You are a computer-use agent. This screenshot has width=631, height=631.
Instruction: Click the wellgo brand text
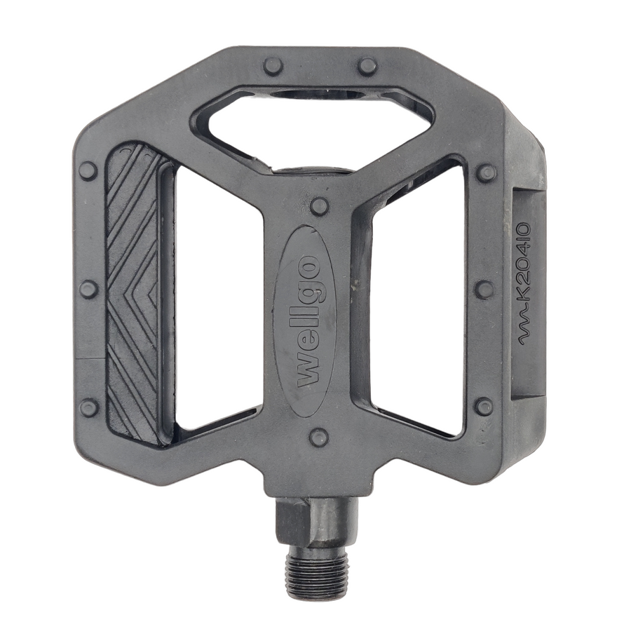309,320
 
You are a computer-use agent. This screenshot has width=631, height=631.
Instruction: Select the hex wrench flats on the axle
317,522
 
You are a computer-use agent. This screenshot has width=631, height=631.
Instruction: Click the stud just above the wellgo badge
319,205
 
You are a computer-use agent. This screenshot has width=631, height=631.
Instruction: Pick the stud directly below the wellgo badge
319,437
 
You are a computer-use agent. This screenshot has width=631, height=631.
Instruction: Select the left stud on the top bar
273,66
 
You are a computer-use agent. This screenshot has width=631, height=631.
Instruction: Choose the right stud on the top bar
367,66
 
